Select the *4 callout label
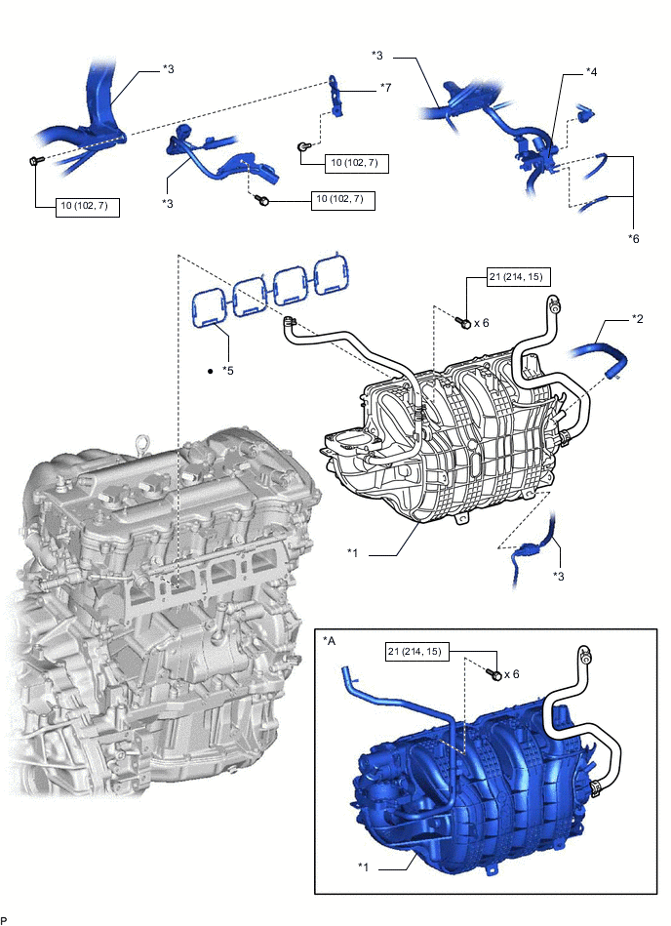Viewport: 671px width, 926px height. tap(592, 72)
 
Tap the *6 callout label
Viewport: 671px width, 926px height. tap(635, 237)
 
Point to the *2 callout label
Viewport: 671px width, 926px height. tap(638, 319)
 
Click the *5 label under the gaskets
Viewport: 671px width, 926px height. tap(228, 371)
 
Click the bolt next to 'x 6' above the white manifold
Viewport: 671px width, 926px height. tap(465, 322)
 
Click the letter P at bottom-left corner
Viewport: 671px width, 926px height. tap(5, 919)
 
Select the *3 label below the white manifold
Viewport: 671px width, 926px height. tap(559, 577)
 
